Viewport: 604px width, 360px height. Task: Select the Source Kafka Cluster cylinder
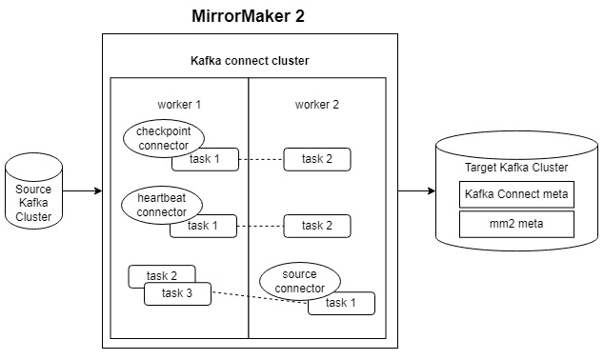click(33, 196)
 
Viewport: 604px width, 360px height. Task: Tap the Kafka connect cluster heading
click(249, 61)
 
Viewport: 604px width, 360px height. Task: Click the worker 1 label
click(179, 103)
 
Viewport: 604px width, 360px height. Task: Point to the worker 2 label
click(317, 103)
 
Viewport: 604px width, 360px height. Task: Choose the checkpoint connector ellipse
click(164, 137)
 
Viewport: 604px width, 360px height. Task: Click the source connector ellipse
click(299, 280)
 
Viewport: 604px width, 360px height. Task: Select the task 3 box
click(176, 293)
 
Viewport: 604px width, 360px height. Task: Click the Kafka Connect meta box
click(515, 195)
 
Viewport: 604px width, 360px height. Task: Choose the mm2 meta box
click(515, 225)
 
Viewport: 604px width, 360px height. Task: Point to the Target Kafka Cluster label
click(515, 168)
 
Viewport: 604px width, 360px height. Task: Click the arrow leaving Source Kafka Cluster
click(83, 190)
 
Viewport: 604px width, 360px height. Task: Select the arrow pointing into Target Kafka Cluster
click(415, 190)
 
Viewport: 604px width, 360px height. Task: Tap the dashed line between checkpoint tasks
click(263, 159)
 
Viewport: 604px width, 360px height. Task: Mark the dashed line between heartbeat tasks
click(263, 226)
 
